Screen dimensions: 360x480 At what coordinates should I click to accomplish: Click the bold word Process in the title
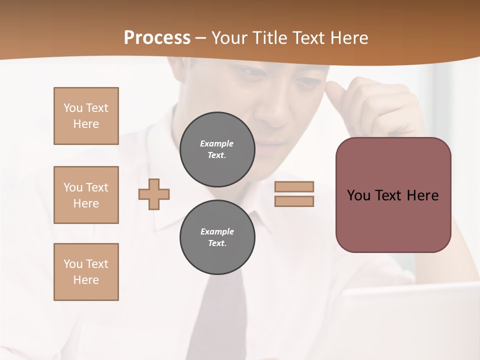(x=157, y=38)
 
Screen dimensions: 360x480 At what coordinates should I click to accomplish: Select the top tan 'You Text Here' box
(x=86, y=116)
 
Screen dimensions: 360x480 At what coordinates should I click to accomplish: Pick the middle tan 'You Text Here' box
(x=86, y=195)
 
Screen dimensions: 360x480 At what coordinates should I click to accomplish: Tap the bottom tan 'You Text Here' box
(x=86, y=272)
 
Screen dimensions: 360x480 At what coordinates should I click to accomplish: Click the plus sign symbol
(x=154, y=194)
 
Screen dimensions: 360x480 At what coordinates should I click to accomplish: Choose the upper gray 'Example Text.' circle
(x=217, y=149)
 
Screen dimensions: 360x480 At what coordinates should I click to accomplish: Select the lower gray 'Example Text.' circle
(x=217, y=237)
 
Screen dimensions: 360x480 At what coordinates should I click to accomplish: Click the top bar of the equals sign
(x=294, y=186)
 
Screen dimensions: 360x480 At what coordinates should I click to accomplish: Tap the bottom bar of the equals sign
(x=294, y=201)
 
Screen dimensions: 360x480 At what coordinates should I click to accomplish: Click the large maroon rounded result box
(x=393, y=220)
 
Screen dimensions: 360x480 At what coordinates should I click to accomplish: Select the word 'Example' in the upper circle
(x=217, y=143)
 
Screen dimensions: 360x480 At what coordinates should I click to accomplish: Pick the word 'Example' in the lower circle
(x=217, y=231)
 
